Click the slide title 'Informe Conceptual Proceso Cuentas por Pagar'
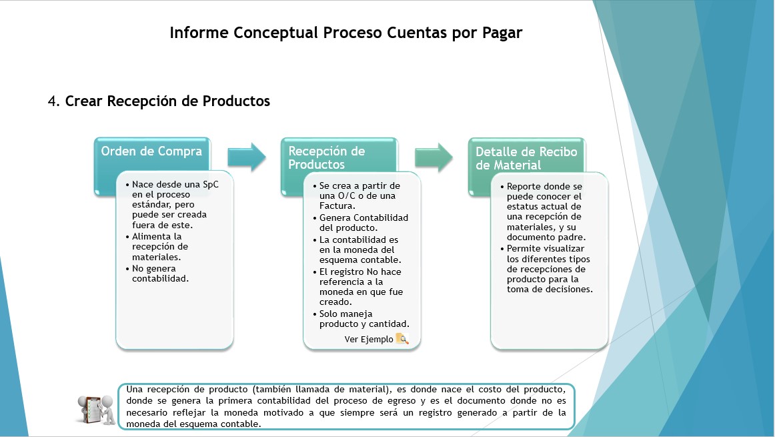346,33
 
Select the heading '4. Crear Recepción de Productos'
159,101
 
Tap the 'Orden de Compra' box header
152,151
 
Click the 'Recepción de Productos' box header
327,157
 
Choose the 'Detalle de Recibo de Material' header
526,158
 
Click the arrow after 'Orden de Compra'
247,157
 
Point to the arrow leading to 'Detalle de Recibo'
434,157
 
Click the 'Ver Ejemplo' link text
369,339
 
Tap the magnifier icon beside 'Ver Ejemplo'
402,339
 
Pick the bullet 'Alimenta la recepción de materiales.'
157,247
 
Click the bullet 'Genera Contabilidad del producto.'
361,222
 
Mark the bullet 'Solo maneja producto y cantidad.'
361,319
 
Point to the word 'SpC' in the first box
211,184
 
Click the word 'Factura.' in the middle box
337,205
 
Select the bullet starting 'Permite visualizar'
546,269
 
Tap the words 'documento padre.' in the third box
546,237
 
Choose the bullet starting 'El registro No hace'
358,287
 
